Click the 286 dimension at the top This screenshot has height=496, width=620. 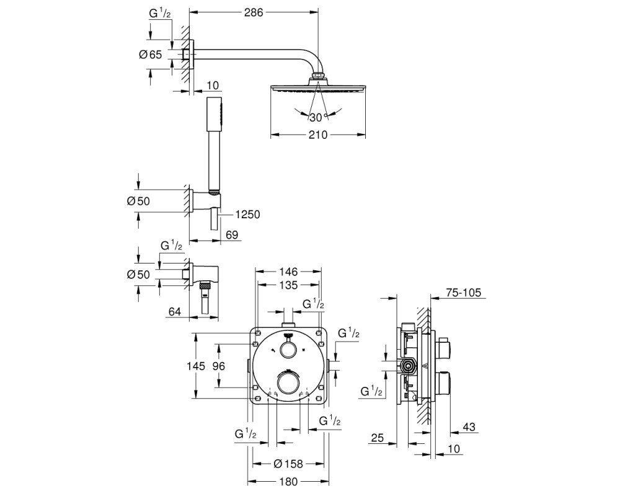click(x=254, y=12)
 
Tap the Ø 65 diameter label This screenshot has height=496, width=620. click(x=151, y=54)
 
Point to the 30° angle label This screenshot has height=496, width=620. click(x=319, y=117)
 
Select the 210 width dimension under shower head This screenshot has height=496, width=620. click(x=318, y=135)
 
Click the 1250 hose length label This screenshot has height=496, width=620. click(x=247, y=215)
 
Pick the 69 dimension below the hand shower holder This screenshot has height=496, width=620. click(x=232, y=235)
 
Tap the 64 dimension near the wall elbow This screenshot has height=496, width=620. click(x=175, y=312)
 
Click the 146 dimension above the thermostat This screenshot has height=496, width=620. click(x=288, y=272)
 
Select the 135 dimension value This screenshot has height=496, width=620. click(x=288, y=285)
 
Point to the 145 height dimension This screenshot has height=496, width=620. click(x=196, y=366)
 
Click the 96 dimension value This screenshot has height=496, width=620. click(x=219, y=366)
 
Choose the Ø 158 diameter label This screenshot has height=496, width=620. click(x=288, y=464)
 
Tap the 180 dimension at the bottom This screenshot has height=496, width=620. click(x=288, y=482)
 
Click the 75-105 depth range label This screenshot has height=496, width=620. click(x=463, y=293)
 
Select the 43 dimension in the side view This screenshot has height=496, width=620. click(x=469, y=427)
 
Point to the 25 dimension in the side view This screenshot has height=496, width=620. click(x=378, y=438)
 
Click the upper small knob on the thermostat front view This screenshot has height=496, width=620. click(x=288, y=350)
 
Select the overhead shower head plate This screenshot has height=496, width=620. click(x=318, y=88)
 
